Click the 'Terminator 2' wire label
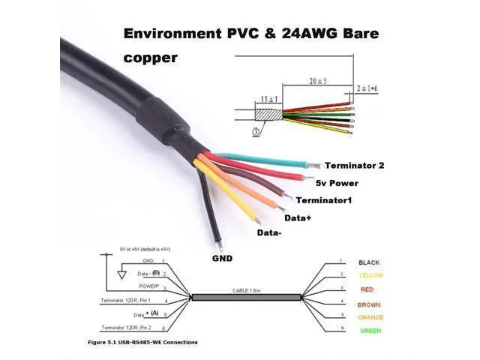[x=354, y=166]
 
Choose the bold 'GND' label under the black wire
[x=222, y=258]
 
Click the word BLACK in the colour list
[x=369, y=262]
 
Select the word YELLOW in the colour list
[x=371, y=276]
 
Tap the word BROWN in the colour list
[x=370, y=304]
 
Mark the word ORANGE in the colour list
[x=371, y=317]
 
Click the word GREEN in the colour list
[x=370, y=331]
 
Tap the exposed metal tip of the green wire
[x=316, y=164]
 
